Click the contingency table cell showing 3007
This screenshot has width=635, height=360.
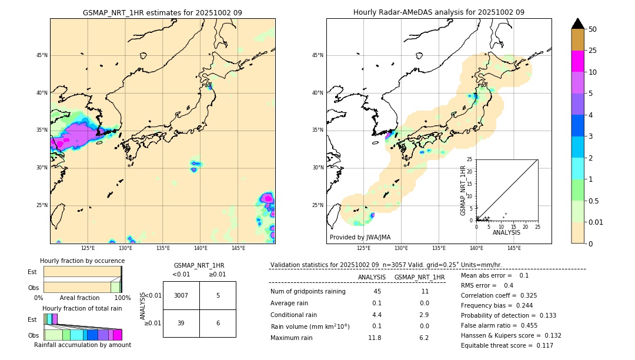click(181, 295)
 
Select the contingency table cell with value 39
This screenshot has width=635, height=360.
click(181, 324)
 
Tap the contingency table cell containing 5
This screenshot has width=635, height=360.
click(218, 295)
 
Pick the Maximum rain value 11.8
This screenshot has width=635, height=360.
click(375, 338)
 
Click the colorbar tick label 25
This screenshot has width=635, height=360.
click(593, 51)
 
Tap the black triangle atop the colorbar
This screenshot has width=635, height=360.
click(578, 24)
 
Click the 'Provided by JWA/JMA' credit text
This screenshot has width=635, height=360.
click(360, 238)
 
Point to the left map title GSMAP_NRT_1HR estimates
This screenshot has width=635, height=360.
click(162, 12)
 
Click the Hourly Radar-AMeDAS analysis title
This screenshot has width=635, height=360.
click(439, 12)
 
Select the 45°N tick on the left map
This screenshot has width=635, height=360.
click(41, 55)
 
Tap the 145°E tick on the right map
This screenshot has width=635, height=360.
click(514, 248)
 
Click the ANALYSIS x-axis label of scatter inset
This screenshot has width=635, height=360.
click(507, 233)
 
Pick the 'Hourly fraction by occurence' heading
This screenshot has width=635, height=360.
click(82, 261)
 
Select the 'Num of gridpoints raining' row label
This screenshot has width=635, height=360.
click(308, 291)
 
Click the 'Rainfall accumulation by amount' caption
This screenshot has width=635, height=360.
click(82, 345)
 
